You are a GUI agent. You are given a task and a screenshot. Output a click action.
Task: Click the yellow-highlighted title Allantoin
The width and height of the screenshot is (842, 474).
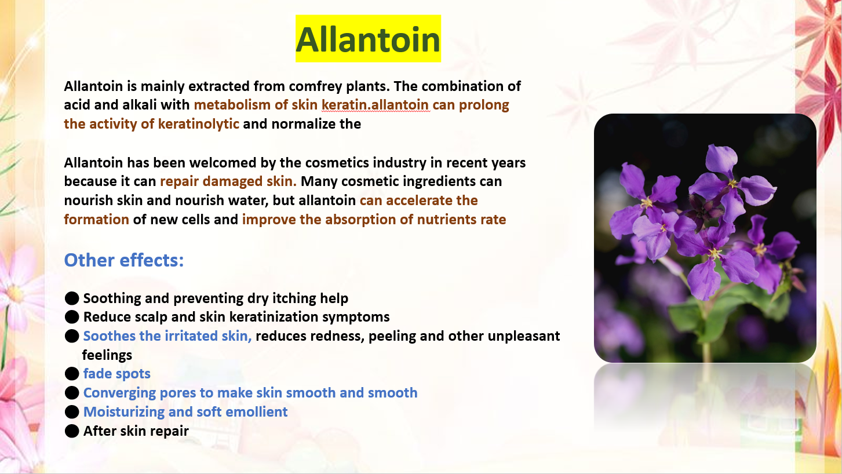click(368, 39)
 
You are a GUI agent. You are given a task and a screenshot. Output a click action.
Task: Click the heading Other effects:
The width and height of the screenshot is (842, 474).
click(124, 260)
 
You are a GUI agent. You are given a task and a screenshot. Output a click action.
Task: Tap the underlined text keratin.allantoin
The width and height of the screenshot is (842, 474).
click(375, 105)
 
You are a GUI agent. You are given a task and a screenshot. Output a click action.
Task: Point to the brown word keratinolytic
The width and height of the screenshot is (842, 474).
click(198, 125)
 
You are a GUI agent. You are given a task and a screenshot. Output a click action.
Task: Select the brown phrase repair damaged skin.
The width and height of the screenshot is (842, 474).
click(228, 181)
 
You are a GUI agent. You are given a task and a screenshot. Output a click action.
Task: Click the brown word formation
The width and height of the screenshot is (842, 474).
click(97, 220)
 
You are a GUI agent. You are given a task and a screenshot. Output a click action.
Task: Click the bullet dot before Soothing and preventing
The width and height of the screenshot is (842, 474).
click(72, 298)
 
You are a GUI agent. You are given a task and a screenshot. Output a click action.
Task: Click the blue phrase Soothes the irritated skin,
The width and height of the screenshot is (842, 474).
click(167, 336)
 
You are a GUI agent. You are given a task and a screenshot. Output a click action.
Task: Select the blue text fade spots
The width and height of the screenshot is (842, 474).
click(117, 374)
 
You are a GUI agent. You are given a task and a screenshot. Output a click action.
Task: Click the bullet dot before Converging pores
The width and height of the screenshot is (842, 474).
click(72, 393)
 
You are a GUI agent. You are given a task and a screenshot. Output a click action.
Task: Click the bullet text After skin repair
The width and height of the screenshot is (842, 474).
click(136, 431)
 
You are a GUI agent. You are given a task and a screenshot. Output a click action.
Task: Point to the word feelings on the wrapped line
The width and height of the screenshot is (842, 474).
click(107, 355)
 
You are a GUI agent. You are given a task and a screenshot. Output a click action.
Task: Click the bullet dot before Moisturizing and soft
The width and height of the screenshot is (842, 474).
click(72, 412)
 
